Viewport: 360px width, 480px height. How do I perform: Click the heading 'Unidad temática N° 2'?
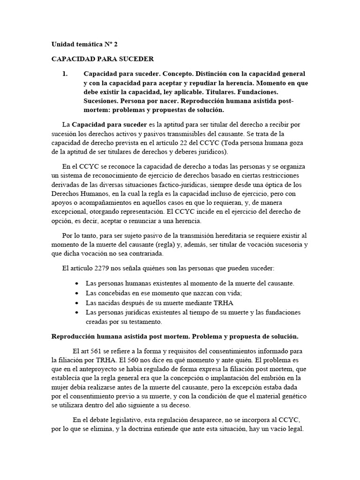click(84, 44)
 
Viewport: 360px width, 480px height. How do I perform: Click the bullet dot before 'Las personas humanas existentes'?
click(77, 284)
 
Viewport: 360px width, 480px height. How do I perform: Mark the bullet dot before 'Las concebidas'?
click(77, 293)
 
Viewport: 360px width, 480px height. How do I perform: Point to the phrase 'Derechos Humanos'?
click(77, 194)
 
